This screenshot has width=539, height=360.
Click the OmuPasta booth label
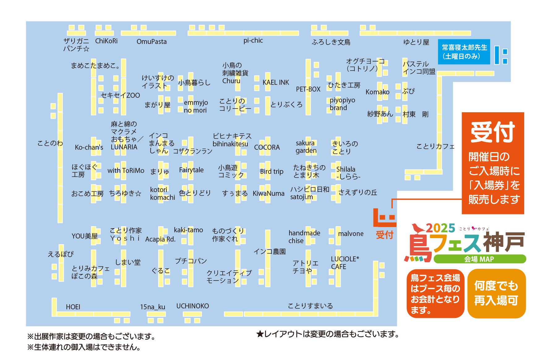(x=152, y=42)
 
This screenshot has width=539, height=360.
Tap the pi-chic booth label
(x=253, y=41)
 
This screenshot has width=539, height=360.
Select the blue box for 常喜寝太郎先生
(x=464, y=52)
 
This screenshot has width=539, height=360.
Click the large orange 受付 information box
(x=493, y=163)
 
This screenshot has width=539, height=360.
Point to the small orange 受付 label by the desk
(x=384, y=235)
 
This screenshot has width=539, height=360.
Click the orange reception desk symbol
(x=384, y=218)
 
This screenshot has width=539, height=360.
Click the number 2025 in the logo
(x=440, y=228)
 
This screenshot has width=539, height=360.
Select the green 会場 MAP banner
(x=479, y=259)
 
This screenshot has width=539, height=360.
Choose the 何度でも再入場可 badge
(x=496, y=293)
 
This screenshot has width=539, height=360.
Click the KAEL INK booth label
(x=276, y=83)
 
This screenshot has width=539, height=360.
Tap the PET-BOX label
(x=308, y=89)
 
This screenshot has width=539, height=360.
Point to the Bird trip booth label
(x=272, y=172)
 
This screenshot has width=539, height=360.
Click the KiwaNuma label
(x=268, y=194)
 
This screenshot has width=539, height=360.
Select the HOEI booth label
(x=73, y=307)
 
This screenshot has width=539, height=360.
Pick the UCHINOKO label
(x=192, y=306)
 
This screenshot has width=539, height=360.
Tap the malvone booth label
(x=351, y=234)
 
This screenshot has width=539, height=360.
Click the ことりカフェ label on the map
(x=435, y=146)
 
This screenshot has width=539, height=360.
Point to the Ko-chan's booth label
(x=89, y=148)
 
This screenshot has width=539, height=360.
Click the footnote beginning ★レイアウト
(x=328, y=334)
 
